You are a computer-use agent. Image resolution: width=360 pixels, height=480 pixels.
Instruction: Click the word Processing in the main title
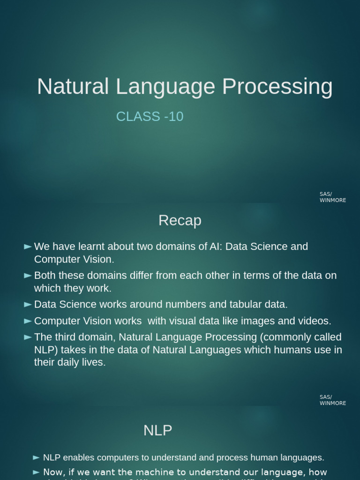pyautogui.click(x=277, y=87)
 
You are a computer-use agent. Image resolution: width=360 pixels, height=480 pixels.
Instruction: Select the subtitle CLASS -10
pyautogui.click(x=150, y=116)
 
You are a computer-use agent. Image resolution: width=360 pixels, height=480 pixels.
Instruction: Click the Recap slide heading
pyautogui.click(x=180, y=220)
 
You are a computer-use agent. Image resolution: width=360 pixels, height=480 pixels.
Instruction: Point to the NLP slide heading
pyautogui.click(x=157, y=430)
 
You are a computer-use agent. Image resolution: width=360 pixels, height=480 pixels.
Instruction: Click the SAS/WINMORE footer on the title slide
pyautogui.click(x=332, y=197)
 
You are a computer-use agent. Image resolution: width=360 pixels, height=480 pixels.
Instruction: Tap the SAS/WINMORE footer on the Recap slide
pyautogui.click(x=332, y=400)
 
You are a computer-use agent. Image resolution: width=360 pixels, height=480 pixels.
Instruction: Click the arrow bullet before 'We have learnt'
pyautogui.click(x=28, y=247)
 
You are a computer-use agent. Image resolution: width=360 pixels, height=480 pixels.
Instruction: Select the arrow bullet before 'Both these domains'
pyautogui.click(x=28, y=276)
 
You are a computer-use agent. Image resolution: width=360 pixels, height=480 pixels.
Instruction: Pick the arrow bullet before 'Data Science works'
pyautogui.click(x=28, y=305)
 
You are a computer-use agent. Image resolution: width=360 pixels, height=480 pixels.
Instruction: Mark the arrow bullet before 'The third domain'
pyautogui.click(x=28, y=337)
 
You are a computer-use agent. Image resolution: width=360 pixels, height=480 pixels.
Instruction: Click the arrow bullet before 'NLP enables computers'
pyautogui.click(x=37, y=457)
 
